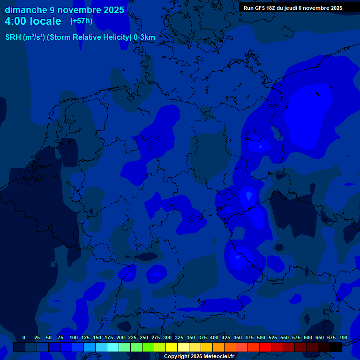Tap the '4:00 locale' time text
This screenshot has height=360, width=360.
point(33,21)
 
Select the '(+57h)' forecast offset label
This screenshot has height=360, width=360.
point(81,21)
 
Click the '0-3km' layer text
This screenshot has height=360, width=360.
point(144,37)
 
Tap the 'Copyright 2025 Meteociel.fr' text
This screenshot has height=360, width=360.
point(199,356)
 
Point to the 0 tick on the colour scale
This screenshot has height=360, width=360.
point(24,337)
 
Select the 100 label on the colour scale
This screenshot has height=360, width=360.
point(74,337)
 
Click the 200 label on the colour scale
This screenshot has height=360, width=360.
point(120,337)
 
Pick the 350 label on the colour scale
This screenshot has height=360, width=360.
point(191,337)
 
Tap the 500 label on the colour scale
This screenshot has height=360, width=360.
point(261,337)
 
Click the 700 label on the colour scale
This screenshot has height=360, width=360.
point(343,337)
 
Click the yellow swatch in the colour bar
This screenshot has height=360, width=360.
point(172,347)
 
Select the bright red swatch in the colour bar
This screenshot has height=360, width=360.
point(265,347)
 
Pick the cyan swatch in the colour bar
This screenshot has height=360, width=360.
point(113,347)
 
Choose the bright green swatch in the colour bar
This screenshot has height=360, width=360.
point(148,347)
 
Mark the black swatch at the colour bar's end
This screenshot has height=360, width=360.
point(336,347)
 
